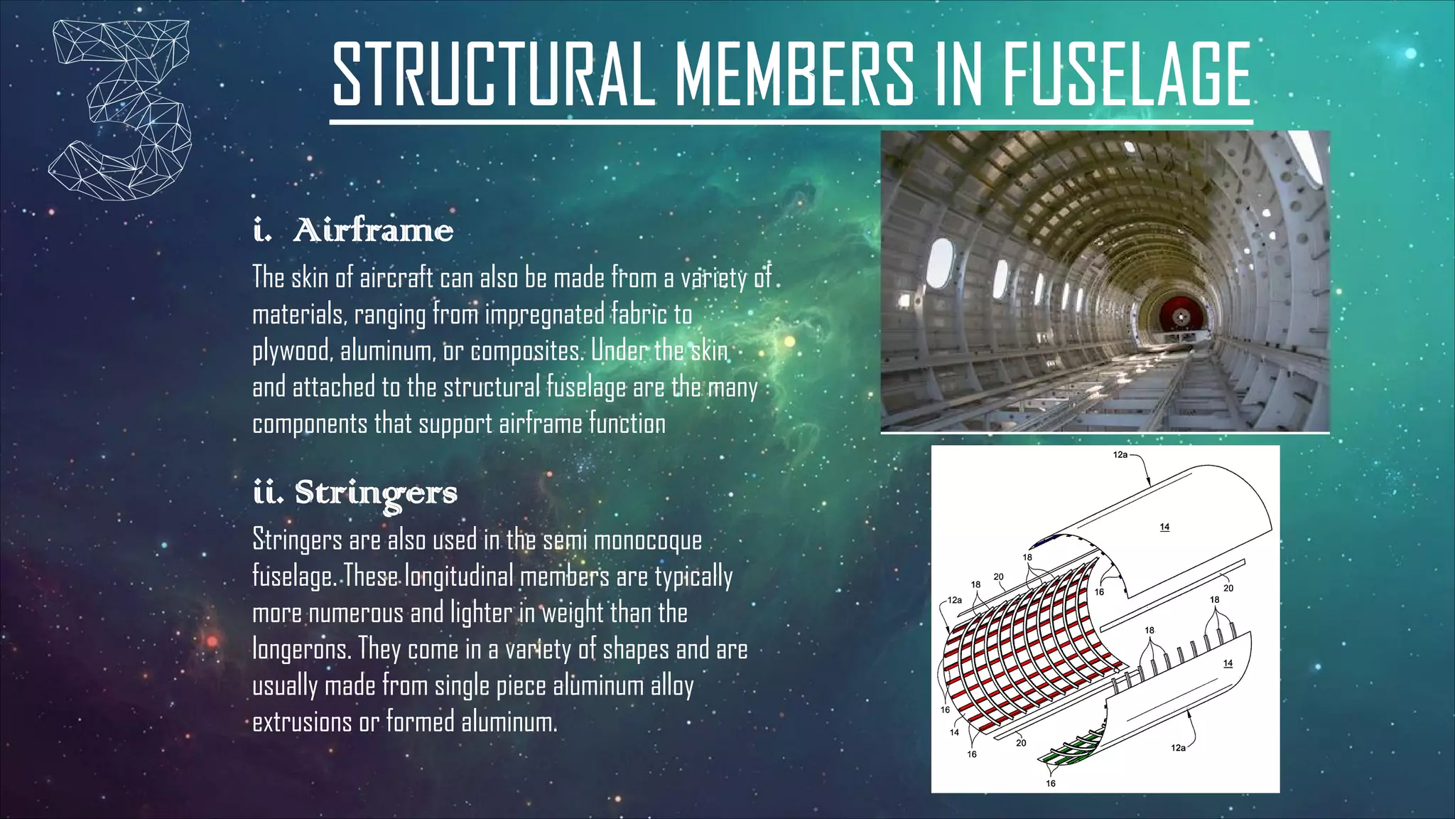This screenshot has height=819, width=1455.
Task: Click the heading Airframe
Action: pos(373,230)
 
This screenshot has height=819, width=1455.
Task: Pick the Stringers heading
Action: pos(376,493)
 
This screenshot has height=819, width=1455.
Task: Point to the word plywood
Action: pos(292,351)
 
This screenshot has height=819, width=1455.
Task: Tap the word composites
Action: pos(526,351)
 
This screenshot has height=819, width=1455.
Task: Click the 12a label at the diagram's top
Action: pos(1120,455)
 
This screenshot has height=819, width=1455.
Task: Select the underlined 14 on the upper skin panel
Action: pos(1164,527)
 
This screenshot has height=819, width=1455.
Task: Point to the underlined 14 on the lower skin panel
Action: pos(1228,663)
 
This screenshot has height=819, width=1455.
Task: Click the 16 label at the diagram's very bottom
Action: pos(1050,783)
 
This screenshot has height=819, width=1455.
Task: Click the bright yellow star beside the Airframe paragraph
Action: pos(789,342)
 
